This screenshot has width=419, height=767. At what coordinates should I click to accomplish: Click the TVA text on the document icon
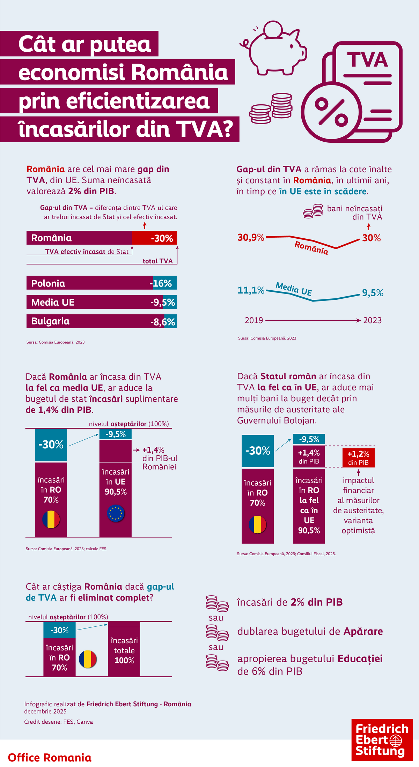367,60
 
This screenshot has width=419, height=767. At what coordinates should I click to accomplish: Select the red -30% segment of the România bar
155,238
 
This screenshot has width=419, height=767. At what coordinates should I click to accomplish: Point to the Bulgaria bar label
50,321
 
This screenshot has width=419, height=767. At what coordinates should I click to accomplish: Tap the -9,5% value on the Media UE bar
163,302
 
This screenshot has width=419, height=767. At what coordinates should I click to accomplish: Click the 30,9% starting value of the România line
251,238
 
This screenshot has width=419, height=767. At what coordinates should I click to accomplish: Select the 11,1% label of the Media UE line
251,290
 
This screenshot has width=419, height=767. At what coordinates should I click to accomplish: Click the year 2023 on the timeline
372,320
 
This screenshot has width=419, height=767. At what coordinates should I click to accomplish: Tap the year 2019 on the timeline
254,320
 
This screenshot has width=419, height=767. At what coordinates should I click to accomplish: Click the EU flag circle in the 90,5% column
116,513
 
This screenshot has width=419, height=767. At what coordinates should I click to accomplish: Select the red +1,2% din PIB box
358,458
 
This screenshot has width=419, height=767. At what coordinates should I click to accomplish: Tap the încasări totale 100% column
124,650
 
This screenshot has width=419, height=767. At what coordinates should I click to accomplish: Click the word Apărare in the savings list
363,631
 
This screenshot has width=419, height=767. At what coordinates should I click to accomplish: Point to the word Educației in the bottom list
360,658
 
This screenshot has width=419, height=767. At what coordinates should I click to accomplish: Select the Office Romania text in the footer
50,758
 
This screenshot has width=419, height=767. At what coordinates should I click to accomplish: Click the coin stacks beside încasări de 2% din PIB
217,603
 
